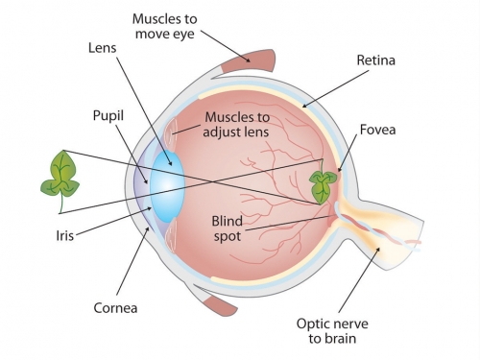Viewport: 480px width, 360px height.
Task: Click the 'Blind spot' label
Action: [233, 228]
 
